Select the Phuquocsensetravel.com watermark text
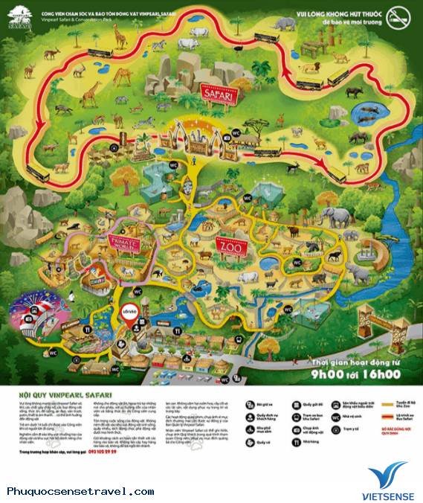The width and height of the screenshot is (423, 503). [x=80, y=492]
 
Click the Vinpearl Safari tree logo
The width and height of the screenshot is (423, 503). [x=21, y=16]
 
